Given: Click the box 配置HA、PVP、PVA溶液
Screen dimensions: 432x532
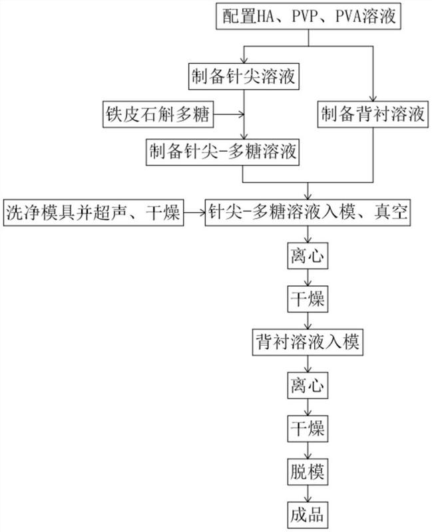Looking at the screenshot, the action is [308, 16].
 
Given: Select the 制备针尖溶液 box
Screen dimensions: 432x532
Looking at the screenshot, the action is [244, 76].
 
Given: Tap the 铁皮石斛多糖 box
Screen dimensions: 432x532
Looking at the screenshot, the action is [158, 114].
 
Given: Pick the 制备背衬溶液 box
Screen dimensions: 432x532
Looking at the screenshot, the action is [373, 114].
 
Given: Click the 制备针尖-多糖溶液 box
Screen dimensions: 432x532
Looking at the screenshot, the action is [222, 152].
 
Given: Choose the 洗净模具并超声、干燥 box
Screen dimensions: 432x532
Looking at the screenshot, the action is [93, 213].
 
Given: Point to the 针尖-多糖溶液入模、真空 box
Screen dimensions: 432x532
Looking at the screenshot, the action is [308, 213].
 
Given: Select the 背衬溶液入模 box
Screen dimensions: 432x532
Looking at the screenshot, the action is [308, 342].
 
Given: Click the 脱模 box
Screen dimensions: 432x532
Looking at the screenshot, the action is [308, 472].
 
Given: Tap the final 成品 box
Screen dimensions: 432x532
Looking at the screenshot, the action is [308, 515].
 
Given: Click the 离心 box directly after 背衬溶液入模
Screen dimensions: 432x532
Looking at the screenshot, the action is [308, 386].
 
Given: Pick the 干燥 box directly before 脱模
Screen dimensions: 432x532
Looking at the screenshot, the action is [308, 429].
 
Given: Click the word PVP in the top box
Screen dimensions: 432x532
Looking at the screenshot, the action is [304, 16].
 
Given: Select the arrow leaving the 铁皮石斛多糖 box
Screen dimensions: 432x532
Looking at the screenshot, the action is [229, 114].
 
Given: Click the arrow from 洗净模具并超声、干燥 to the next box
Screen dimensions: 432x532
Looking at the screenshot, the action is [194, 213].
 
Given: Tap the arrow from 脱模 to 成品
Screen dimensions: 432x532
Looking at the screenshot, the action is [308, 493].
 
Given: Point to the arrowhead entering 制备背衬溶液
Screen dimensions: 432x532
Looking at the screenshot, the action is [373, 98].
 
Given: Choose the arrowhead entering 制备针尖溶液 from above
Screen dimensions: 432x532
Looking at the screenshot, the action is [244, 60].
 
